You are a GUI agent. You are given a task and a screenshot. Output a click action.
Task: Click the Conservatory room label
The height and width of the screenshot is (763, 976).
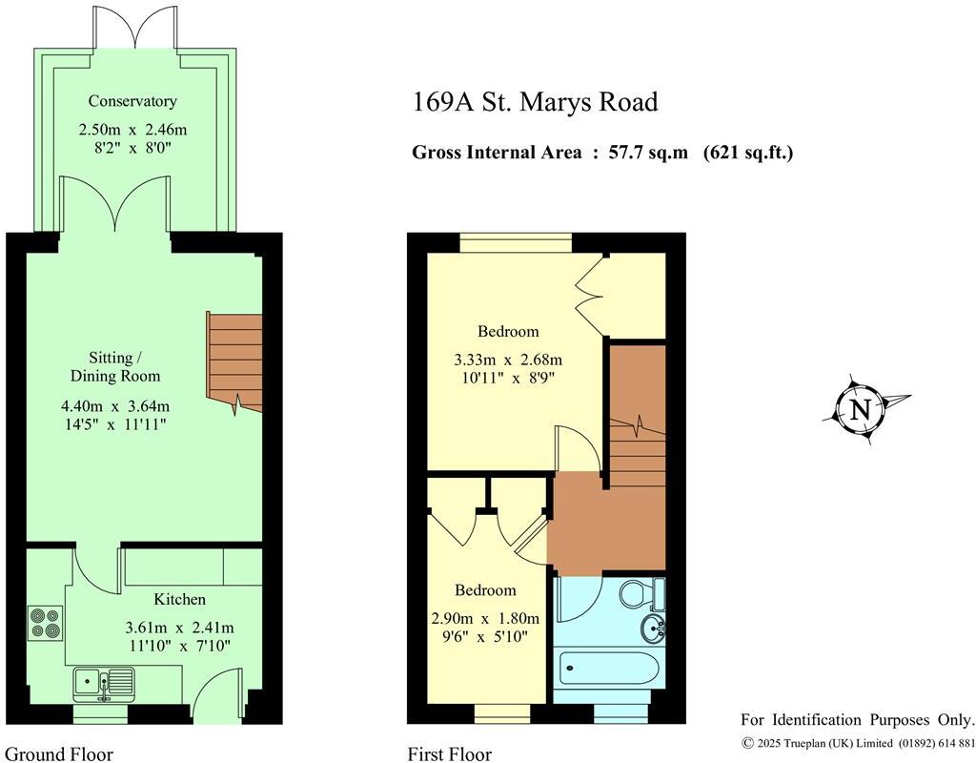pyautogui.click(x=132, y=101)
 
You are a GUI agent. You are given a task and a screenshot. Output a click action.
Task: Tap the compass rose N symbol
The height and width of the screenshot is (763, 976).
pyautogui.click(x=861, y=410)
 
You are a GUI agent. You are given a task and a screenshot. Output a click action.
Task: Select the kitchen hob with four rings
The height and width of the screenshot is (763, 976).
pyautogui.click(x=44, y=623)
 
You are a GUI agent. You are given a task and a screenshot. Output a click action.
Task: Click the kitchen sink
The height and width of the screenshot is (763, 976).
pyautogui.click(x=105, y=681)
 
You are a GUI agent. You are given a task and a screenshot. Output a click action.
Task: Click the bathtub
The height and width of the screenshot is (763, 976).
pyautogui.click(x=609, y=667)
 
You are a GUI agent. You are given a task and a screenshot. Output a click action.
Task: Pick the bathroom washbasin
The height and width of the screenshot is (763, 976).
pyautogui.click(x=654, y=628)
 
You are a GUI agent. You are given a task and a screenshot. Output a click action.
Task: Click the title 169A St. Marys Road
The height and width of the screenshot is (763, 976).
pyautogui.click(x=535, y=102)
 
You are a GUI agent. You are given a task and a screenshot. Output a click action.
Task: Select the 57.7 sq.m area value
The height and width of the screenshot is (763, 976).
pyautogui.click(x=647, y=153)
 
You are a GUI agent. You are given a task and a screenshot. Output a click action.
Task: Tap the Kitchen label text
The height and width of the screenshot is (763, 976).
pyautogui.click(x=180, y=599)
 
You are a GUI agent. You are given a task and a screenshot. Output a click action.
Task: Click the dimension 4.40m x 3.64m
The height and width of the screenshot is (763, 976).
pyautogui.click(x=115, y=404)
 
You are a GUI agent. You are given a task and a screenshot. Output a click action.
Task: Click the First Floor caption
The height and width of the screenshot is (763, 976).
pyautogui.click(x=450, y=754)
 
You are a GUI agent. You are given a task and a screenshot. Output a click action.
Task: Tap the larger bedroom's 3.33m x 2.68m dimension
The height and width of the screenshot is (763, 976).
pyautogui.click(x=508, y=360)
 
